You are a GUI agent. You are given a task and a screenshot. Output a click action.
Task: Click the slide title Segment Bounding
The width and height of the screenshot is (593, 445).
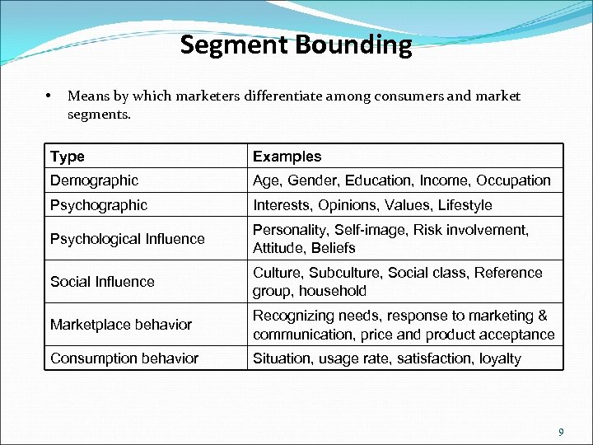click(296, 44)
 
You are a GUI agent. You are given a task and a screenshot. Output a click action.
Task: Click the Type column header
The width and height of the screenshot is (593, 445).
click(67, 157)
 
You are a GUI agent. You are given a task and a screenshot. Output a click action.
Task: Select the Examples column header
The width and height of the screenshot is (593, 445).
click(287, 157)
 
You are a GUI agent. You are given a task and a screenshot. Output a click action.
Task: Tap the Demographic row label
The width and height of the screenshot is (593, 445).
click(94, 180)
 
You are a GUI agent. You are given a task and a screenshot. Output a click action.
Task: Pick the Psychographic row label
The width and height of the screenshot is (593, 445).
click(99, 205)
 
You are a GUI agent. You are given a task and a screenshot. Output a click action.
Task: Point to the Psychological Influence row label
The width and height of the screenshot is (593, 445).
click(127, 239)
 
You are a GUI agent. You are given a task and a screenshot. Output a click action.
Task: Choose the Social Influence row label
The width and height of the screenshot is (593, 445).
click(102, 282)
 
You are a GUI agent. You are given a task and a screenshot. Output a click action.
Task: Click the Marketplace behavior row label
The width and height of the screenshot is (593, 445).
click(120, 325)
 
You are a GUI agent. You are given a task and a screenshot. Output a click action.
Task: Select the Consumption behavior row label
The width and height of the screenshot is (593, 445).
click(124, 358)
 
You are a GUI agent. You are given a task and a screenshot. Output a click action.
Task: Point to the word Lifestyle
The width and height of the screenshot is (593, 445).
click(465, 205)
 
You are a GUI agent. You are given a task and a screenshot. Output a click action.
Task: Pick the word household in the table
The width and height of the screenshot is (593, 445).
click(332, 291)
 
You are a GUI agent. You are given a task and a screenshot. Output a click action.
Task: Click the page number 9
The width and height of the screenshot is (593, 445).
click(561, 432)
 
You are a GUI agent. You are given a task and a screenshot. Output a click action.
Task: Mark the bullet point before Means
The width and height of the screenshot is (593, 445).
click(50, 96)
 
